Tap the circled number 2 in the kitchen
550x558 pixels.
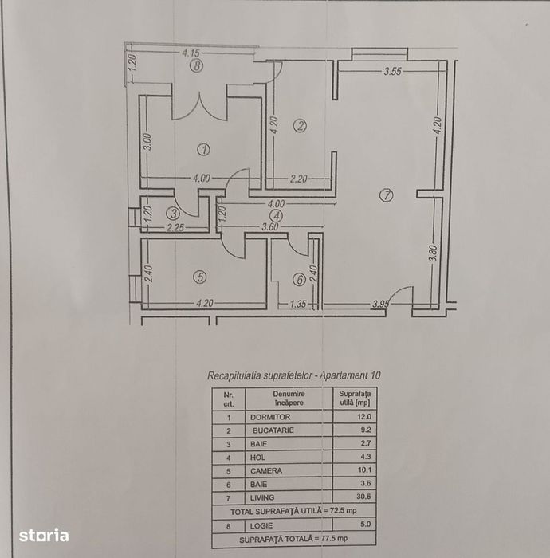coord(300,125)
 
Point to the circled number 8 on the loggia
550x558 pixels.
coord(197,66)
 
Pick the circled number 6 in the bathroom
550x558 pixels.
coord(298,280)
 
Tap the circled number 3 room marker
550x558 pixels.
coord(174,213)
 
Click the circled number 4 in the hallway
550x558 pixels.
coord(276,214)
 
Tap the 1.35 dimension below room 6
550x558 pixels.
coord(297,304)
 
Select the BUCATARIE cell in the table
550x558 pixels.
coord(273,430)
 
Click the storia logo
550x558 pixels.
coord(44,535)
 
